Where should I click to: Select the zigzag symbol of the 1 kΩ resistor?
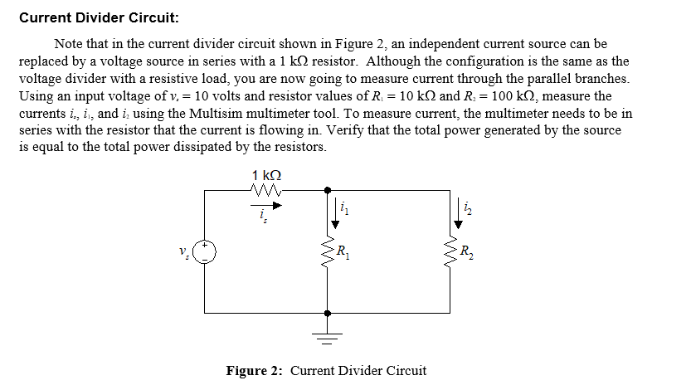pyautogui.click(x=265, y=192)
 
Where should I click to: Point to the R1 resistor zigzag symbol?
pyautogui.click(x=328, y=251)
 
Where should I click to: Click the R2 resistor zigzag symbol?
pyautogui.click(x=453, y=251)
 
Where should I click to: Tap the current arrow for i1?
pyautogui.click(x=336, y=213)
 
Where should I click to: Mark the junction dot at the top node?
pyautogui.click(x=328, y=190)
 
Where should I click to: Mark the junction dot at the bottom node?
pyautogui.click(x=328, y=314)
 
